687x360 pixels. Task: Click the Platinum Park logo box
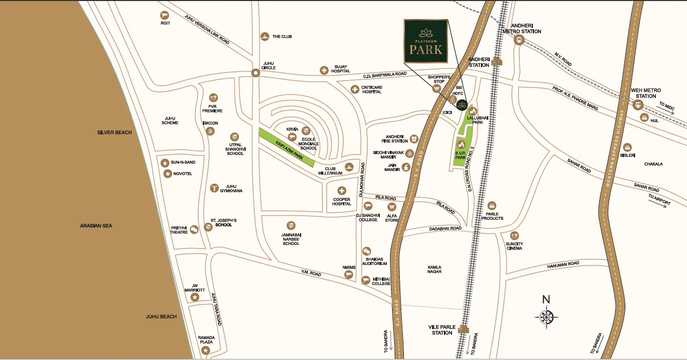tap(426, 42)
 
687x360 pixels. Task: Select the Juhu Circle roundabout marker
tap(255, 73)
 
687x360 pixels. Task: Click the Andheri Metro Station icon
tap(518, 41)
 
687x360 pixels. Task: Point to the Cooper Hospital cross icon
tap(342, 191)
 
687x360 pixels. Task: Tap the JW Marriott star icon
tap(195, 297)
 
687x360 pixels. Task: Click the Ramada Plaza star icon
tap(206, 350)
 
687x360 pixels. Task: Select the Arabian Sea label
tap(96, 226)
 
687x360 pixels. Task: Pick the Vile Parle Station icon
tap(464, 329)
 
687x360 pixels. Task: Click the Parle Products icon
tap(492, 205)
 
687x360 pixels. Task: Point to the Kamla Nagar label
tap(434, 270)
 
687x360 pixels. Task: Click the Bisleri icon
tap(626, 147)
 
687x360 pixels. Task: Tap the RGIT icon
tap(164, 15)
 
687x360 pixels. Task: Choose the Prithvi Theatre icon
tap(194, 230)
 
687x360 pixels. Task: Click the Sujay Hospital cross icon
tap(324, 70)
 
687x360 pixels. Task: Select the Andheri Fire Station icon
tap(414, 139)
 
